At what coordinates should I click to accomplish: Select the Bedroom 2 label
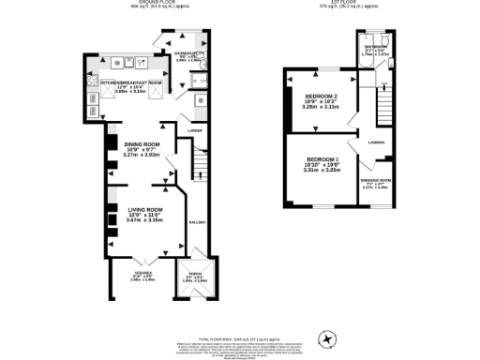(321, 97)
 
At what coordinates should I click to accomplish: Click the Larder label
(195, 130)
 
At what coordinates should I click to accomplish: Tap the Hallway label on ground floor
(199, 222)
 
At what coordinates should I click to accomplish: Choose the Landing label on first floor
(375, 142)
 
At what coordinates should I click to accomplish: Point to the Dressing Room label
(375, 180)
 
